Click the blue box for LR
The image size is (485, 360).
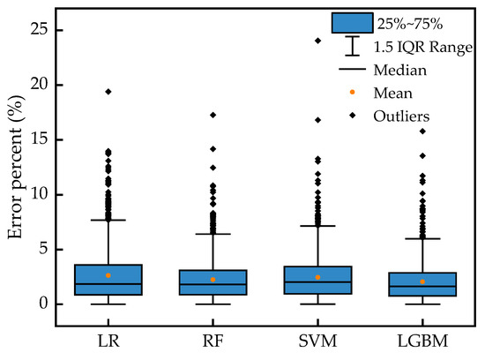click(x=108, y=279)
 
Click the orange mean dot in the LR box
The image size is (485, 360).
click(x=108, y=275)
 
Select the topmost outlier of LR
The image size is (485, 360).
click(x=108, y=92)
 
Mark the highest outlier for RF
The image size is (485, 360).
click(x=213, y=115)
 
